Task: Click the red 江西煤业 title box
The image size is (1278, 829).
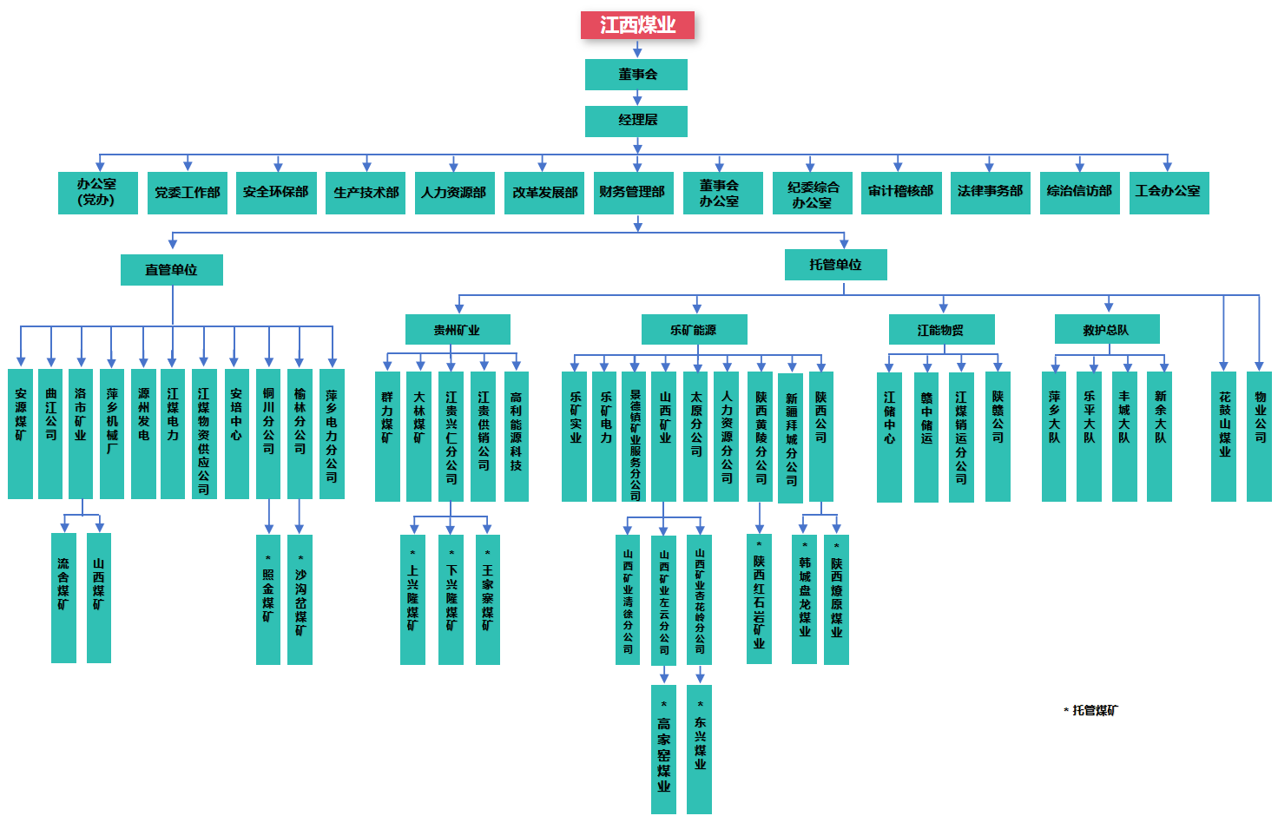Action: point(637,25)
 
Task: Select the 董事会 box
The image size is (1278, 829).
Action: point(636,75)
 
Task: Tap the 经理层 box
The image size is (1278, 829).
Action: point(636,121)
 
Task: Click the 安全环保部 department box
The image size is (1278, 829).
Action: point(276,193)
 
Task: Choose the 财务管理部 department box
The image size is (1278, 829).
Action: point(632,193)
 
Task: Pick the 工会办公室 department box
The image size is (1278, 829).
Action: point(1168,193)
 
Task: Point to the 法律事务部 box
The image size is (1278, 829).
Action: point(990,193)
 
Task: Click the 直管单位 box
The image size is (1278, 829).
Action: point(172,270)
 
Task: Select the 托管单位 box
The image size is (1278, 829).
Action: point(835,265)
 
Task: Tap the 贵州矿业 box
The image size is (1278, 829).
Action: point(458,330)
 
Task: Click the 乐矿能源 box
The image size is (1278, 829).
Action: point(694,330)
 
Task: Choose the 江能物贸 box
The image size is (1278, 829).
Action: point(941,330)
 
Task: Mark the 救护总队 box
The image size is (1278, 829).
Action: point(1106,330)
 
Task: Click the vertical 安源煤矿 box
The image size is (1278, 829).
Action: point(20,434)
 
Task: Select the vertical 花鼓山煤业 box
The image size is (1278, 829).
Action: point(1224,436)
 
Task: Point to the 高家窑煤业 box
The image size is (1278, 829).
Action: point(663,749)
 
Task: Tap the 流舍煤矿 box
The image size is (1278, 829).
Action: point(63,598)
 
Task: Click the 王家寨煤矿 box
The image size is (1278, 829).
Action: point(487,599)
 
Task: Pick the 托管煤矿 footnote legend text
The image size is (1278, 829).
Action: point(1092,711)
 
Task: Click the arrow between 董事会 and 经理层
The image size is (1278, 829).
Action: point(637,98)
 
